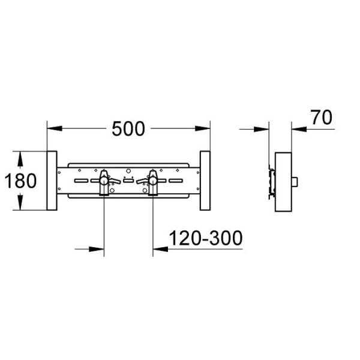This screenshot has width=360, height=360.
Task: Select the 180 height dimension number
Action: pyautogui.click(x=21, y=180)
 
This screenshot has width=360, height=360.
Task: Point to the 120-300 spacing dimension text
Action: pyautogui.click(x=206, y=238)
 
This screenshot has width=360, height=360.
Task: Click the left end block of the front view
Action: pyautogui.click(x=52, y=181)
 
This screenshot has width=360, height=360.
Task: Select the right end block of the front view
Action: pyautogui.click(x=205, y=181)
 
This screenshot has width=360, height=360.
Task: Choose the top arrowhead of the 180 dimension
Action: pyautogui.click(x=21, y=157)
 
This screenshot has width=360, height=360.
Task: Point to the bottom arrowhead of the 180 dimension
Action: pyautogui.click(x=21, y=204)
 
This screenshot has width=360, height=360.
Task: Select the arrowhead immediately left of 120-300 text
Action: pyautogui.click(x=160, y=247)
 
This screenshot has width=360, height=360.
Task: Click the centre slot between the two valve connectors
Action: pyautogui.click(x=128, y=180)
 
